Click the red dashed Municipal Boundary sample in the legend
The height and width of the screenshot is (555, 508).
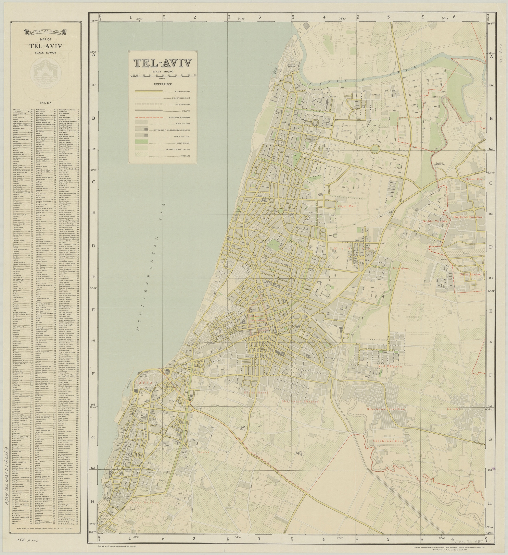click(149, 117)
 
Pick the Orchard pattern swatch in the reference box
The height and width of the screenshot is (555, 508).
click(141, 155)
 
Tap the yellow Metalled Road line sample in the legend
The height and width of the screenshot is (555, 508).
click(149, 91)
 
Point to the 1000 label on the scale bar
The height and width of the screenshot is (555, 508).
click(195, 75)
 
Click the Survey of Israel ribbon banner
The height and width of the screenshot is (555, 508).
click(46, 32)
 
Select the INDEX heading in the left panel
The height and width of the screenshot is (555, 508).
click(46, 103)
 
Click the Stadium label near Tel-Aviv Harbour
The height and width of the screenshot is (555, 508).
click(294, 51)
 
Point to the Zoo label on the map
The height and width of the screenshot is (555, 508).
click(314, 178)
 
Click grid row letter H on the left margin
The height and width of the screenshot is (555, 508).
click(93, 502)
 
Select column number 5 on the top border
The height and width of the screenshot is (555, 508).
click(388, 17)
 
